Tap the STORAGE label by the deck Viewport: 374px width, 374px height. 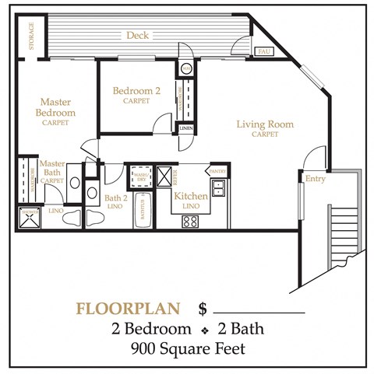tap(32, 35)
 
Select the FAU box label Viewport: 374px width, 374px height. tap(265, 51)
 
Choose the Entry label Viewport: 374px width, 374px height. tap(316, 180)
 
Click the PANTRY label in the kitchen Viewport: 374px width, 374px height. tap(217, 171)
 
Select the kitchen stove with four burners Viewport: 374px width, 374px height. tap(191, 221)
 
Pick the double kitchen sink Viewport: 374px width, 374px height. tap(219, 187)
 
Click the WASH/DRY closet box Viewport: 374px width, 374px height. tap(141, 174)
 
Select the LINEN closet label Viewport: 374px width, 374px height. tap(186, 128)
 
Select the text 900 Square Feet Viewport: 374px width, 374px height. tap(187, 348)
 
